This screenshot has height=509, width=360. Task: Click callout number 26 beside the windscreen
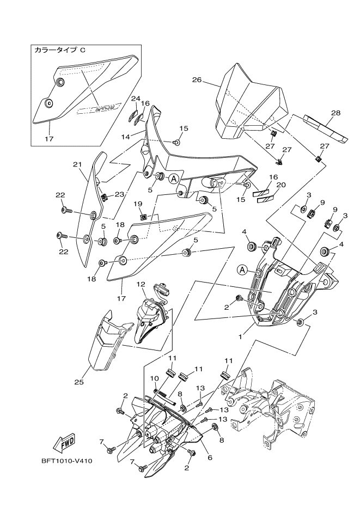pos(197,79)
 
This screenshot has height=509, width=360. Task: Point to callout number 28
pos(335,113)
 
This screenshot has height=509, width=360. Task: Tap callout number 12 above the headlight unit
pos(141,284)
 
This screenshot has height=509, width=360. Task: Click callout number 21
pos(76,163)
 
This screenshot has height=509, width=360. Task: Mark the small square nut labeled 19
pos(142,217)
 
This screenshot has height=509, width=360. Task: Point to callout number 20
pos(281,185)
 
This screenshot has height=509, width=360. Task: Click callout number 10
pos(155,378)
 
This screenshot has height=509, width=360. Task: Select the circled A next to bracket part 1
pos(243,269)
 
